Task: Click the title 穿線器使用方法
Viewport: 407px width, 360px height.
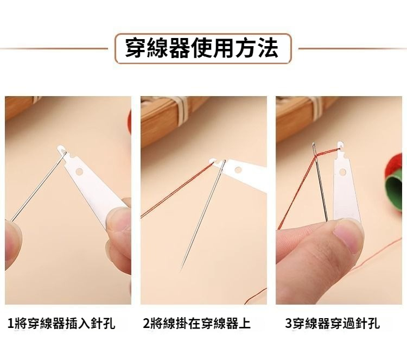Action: (202, 48)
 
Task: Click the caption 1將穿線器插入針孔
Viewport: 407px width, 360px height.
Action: (61, 324)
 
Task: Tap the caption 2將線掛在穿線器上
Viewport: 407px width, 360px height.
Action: (196, 324)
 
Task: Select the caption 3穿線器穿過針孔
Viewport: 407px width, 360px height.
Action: (333, 324)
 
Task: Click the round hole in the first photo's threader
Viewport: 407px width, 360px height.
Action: (80, 171)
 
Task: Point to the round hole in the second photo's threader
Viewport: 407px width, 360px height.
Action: (238, 170)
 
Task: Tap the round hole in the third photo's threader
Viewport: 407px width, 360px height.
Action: (343, 172)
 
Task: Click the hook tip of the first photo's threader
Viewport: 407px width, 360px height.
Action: (60, 149)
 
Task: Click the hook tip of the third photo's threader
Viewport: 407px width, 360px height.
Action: (340, 143)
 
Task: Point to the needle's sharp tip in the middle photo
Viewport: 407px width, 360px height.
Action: (180, 271)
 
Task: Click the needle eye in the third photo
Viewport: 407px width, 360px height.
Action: (314, 149)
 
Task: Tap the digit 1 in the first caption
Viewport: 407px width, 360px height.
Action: (11, 324)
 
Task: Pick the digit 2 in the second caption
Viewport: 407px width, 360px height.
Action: (147, 324)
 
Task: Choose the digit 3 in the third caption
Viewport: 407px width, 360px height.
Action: (288, 324)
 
